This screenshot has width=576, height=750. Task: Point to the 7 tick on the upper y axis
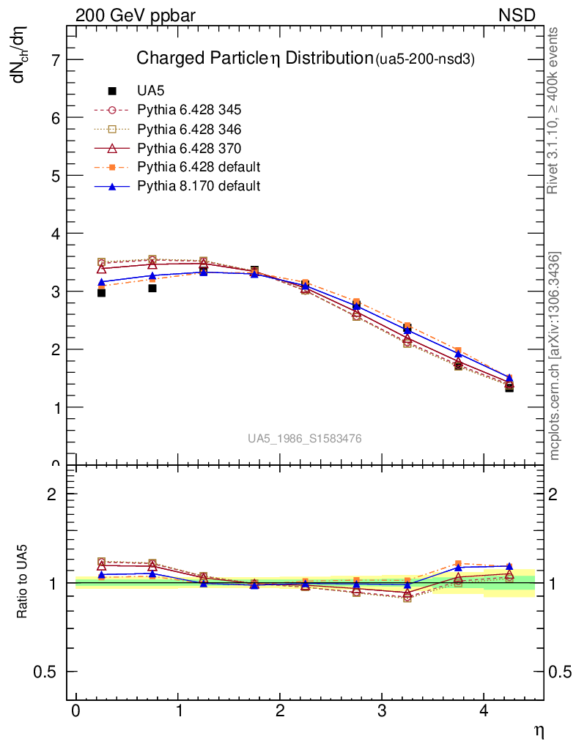[x=53, y=60]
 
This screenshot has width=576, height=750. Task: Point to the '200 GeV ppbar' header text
[x=136, y=15]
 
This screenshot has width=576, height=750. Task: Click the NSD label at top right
[x=517, y=15]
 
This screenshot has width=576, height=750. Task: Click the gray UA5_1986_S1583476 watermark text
[x=304, y=439]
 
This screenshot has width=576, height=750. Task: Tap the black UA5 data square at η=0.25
[x=101, y=293]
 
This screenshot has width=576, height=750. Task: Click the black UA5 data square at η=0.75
[x=152, y=288]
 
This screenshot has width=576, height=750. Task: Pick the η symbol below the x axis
[x=539, y=730]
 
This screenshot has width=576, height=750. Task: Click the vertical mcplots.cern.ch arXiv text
[x=555, y=356]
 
